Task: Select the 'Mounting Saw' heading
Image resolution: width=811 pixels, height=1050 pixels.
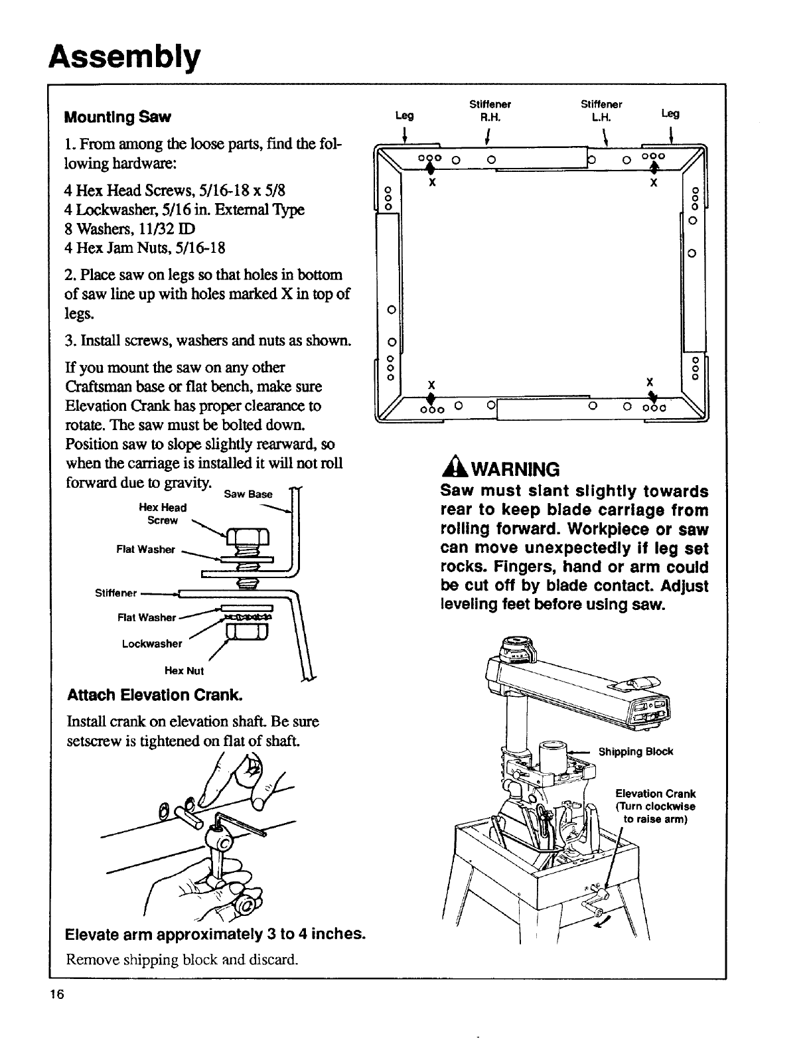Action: coord(117,117)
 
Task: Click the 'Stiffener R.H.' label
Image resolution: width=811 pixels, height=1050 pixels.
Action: coord(490,110)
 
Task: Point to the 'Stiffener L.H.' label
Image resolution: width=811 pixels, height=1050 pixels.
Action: coord(601,110)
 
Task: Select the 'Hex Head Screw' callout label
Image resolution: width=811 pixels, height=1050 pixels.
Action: coord(163,514)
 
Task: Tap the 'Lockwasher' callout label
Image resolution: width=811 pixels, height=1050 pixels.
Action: coord(151,643)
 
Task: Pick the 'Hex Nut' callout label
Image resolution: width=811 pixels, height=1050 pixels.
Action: coord(184,670)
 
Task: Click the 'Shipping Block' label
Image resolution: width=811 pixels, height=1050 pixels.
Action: coord(635,751)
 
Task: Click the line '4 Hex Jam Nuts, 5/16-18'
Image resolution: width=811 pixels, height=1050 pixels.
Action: coord(145,248)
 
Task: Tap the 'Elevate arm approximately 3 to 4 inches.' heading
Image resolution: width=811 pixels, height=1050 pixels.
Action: coord(216,934)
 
